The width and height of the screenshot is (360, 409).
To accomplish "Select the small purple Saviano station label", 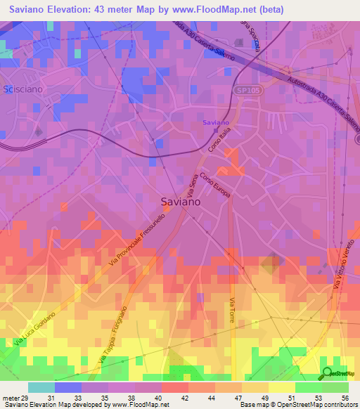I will (x=215, y=123).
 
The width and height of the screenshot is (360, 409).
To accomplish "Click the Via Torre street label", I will (x=231, y=309).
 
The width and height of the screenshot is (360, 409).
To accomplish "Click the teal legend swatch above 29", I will (x=41, y=387).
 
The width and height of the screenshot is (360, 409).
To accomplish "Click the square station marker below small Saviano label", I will (x=215, y=131).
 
